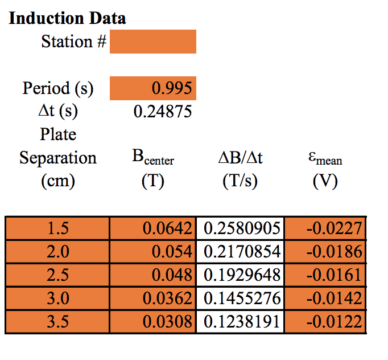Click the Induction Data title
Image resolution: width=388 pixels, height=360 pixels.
pyautogui.click(x=68, y=18)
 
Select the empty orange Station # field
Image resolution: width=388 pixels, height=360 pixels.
pyautogui.click(x=152, y=42)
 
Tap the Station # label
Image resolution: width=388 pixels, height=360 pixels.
pyautogui.click(x=73, y=42)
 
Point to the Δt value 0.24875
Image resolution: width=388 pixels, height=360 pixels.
pyautogui.click(x=162, y=111)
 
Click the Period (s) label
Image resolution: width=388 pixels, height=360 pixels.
pyautogui.click(x=58, y=88)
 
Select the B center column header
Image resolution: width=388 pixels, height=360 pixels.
pyautogui.click(x=152, y=158)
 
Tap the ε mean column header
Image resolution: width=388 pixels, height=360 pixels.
pyautogui.click(x=325, y=159)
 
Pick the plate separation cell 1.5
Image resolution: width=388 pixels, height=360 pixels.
pyautogui.click(x=57, y=228)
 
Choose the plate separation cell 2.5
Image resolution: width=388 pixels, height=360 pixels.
pyautogui.click(x=57, y=275)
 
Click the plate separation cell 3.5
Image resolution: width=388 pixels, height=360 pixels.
pyautogui.click(x=57, y=322)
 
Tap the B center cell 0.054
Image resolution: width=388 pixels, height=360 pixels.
pyautogui.click(x=170, y=252)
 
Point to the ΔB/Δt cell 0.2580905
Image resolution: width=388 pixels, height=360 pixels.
pyautogui.click(x=241, y=228)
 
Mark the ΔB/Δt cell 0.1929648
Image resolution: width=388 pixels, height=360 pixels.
pyautogui.click(x=241, y=275)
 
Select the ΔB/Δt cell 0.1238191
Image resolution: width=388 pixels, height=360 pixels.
pyautogui.click(x=241, y=322)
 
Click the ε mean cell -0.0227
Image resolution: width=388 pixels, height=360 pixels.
pyautogui.click(x=333, y=228)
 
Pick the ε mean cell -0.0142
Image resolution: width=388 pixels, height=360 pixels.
pyautogui.click(x=333, y=298)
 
